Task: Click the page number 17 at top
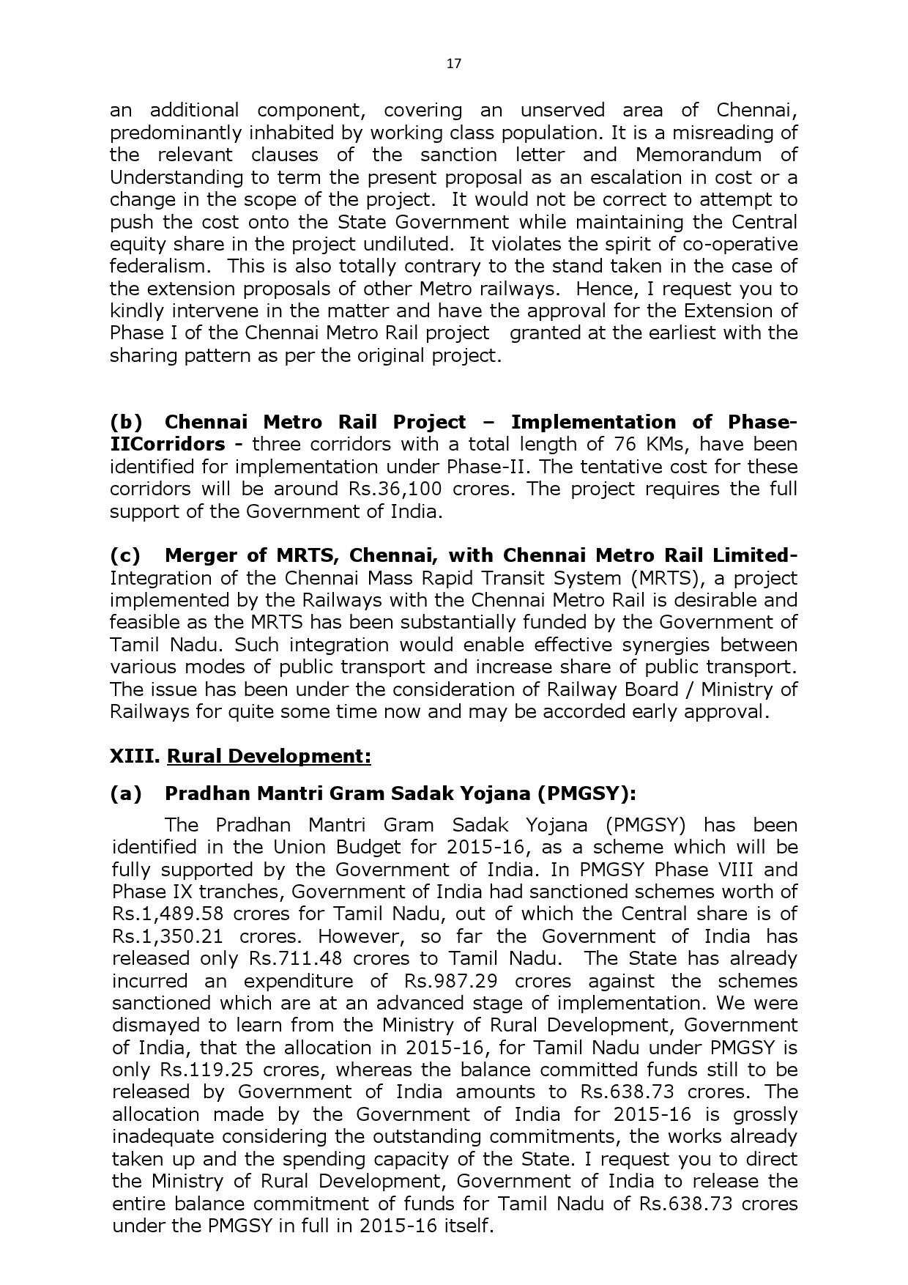click(x=453, y=64)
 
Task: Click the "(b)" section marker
click(x=126, y=422)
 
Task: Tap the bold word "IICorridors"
click(x=168, y=444)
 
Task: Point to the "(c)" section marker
click(x=125, y=555)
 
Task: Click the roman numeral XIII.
click(x=135, y=756)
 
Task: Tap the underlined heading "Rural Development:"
click(x=269, y=756)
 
